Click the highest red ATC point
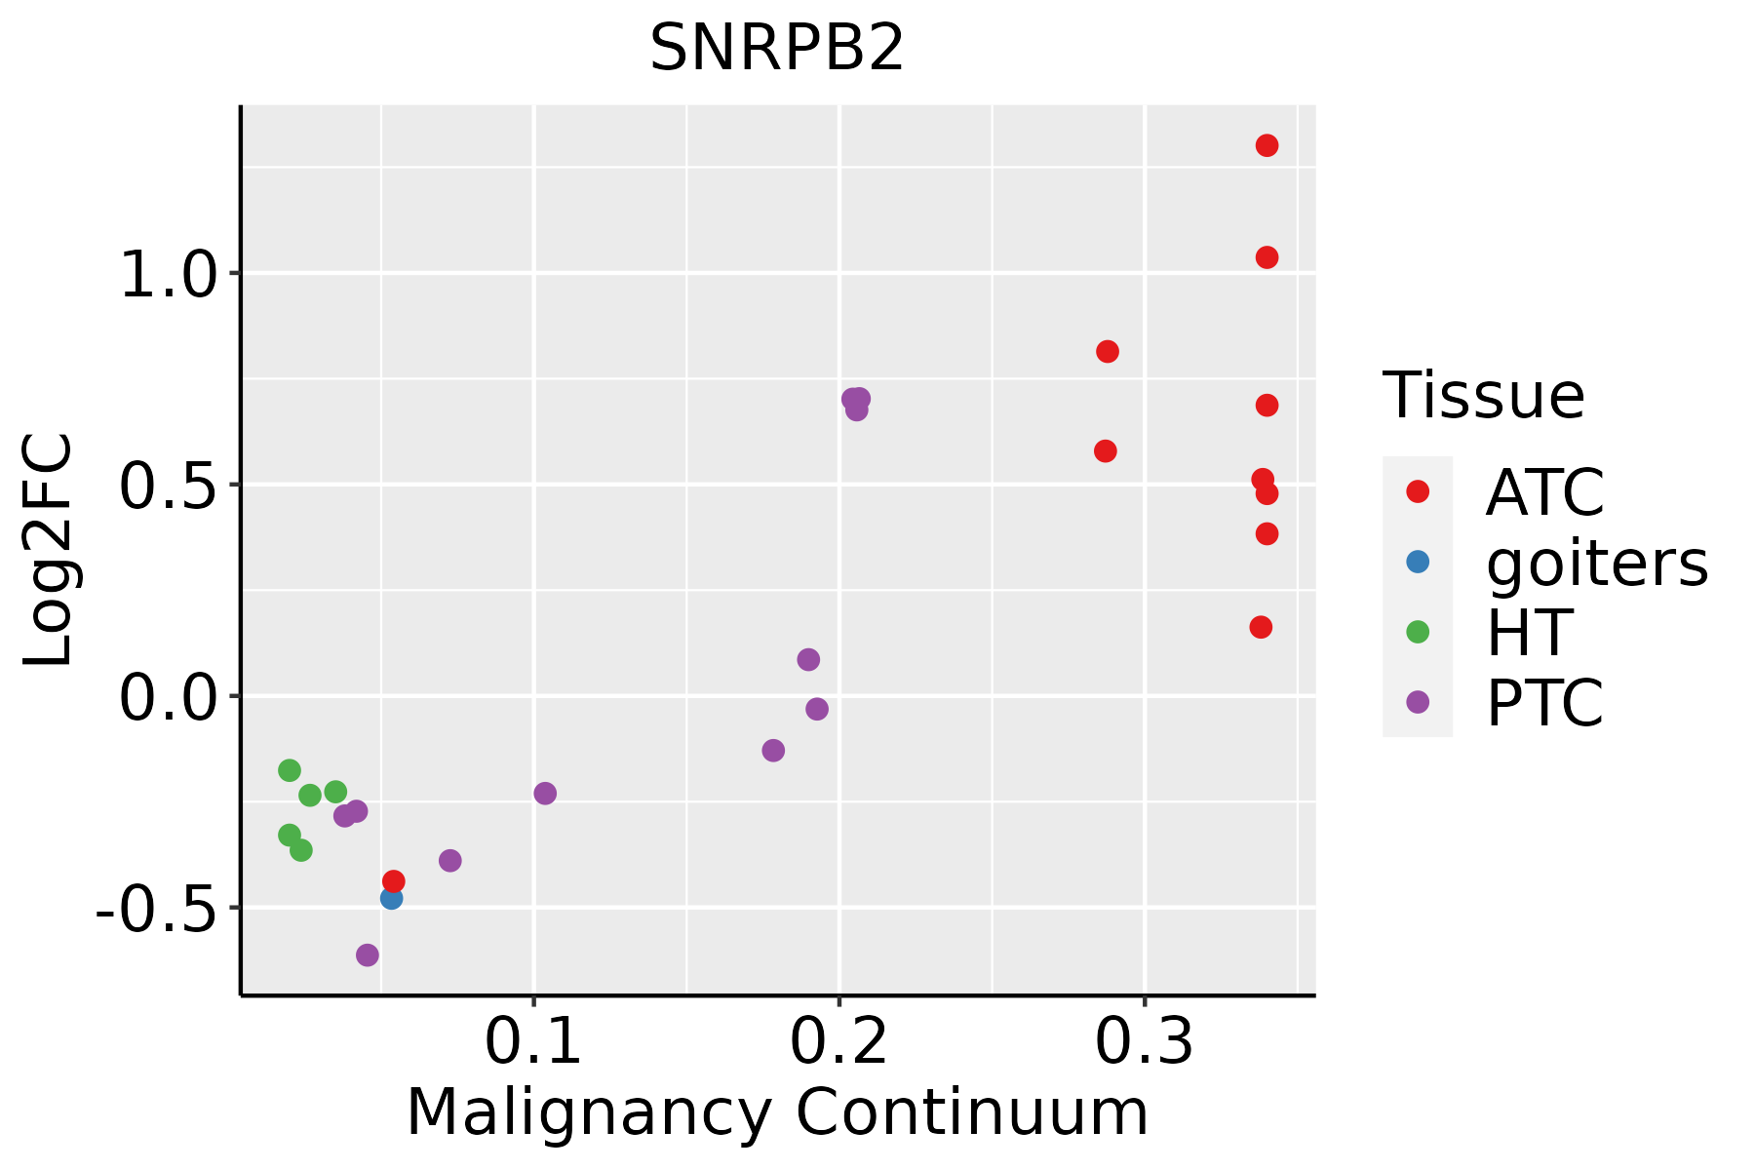tap(1267, 146)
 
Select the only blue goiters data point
tap(391, 898)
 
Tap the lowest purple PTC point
tap(368, 955)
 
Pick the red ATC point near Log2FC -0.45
tap(394, 881)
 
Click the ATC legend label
tap(1544, 492)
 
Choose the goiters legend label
tap(1596, 563)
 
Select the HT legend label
tap(1529, 633)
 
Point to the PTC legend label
tap(1544, 703)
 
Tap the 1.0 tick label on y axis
tap(166, 275)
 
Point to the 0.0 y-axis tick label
tap(166, 698)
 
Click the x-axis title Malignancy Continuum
tap(777, 1112)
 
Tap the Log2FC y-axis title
tap(49, 550)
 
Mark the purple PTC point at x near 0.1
tap(545, 794)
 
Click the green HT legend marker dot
tap(1418, 632)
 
